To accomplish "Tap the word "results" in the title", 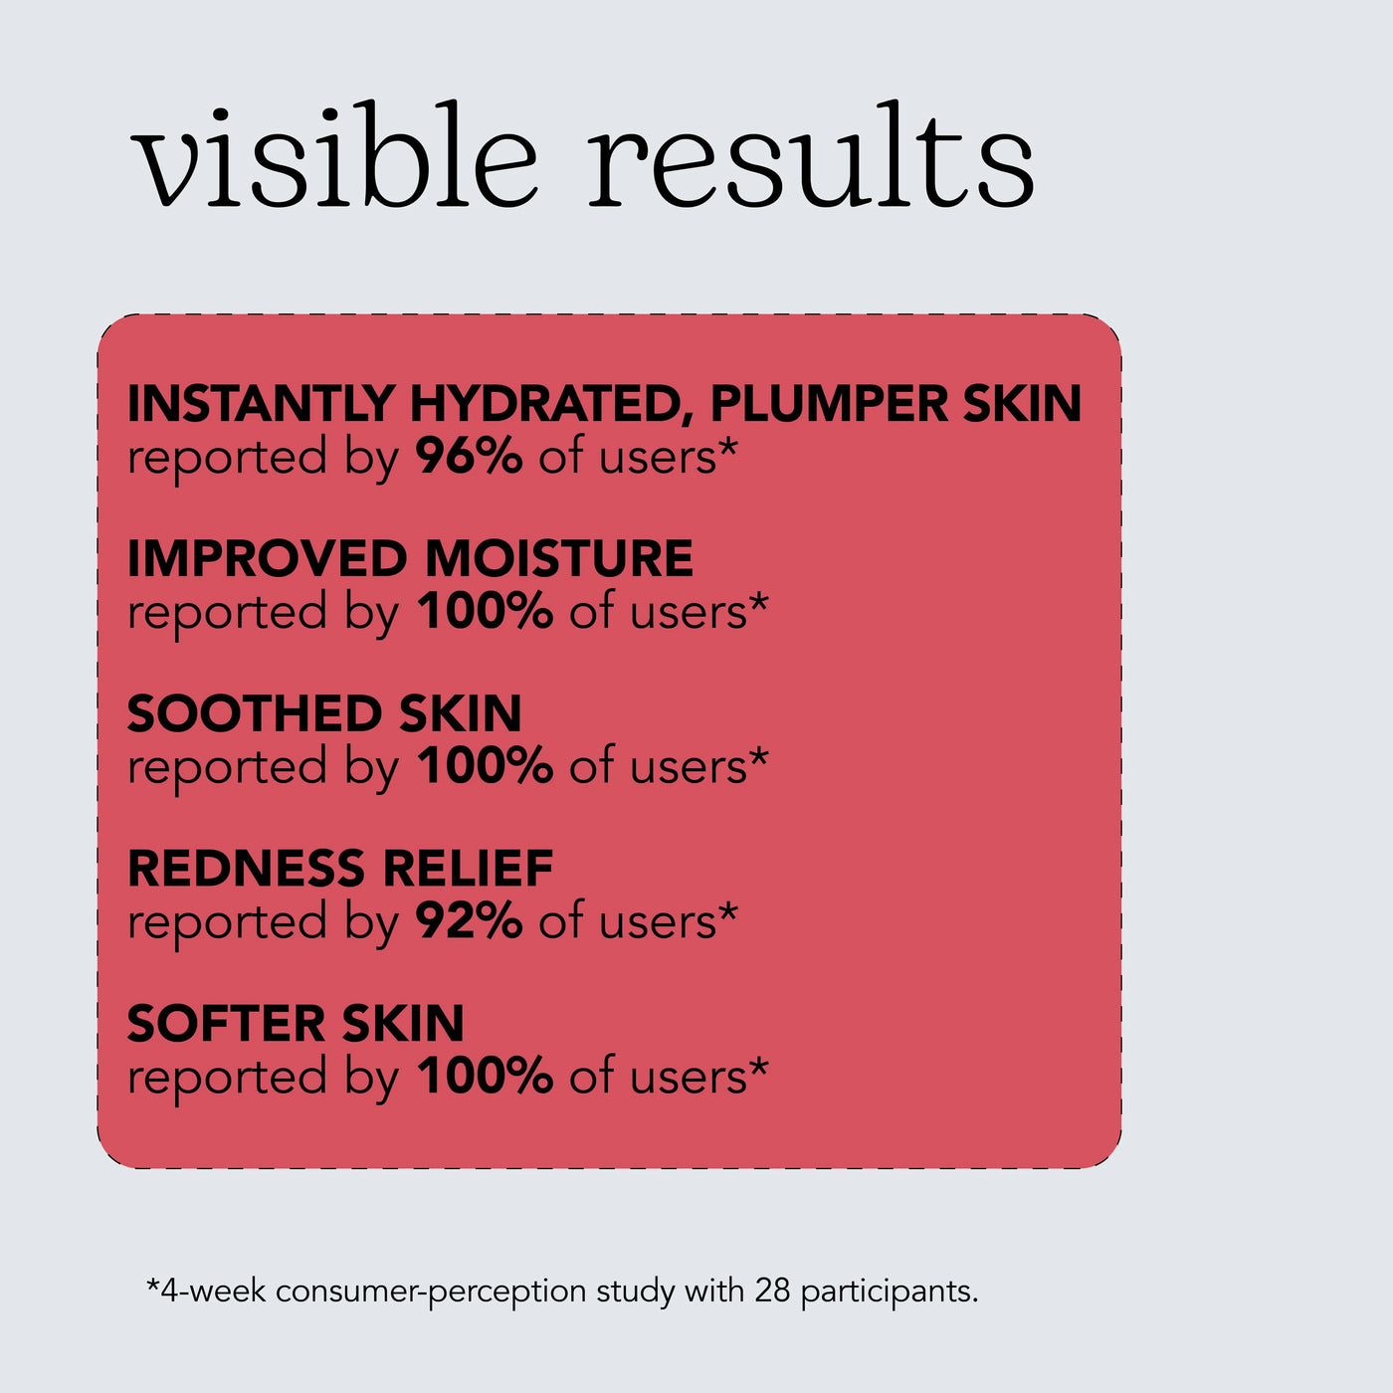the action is point(811,154).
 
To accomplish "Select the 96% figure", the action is point(469,456).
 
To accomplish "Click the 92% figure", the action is point(469,920).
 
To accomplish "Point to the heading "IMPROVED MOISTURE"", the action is point(410,558).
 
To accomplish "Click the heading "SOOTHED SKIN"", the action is point(324,712).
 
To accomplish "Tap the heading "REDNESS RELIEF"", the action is point(339,868).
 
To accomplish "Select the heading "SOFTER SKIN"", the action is point(296,1023).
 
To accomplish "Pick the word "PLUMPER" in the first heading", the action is point(829,403).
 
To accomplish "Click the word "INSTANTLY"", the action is point(261,403).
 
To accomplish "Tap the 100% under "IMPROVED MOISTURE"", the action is point(485,611).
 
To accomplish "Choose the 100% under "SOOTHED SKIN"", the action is point(485,765).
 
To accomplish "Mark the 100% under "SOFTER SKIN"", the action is point(485,1076).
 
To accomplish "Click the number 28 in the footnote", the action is point(773,1291).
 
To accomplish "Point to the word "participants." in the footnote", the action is point(890,1293).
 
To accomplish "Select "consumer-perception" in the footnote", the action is point(431,1293).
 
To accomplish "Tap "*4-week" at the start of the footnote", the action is point(206,1291).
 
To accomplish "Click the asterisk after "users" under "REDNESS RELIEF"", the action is point(728,912).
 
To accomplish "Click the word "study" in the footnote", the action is point(636,1293).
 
